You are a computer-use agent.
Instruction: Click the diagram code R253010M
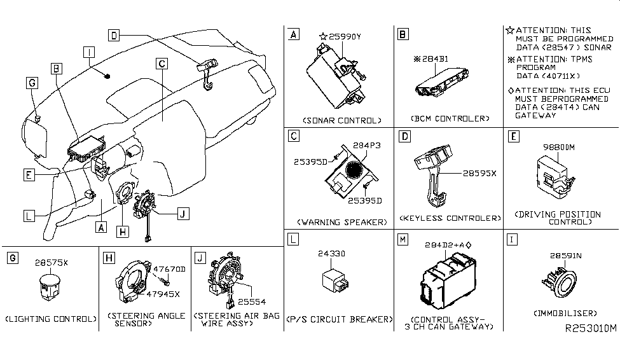tap(591, 329)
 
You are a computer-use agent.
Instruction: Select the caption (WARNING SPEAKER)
tap(341, 222)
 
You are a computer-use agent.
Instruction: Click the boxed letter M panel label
tap(402, 240)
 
